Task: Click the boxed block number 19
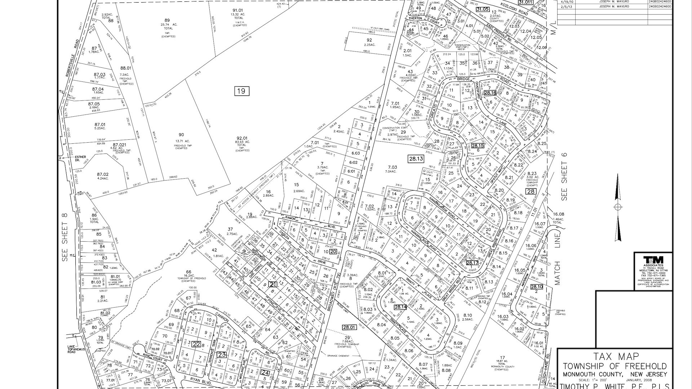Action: pos(241,91)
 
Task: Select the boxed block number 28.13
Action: pos(416,158)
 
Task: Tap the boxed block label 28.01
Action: pos(349,327)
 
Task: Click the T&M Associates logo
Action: pos(653,259)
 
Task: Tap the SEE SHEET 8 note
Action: pos(65,238)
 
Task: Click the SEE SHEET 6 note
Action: pos(564,176)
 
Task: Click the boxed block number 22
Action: pos(196,344)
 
